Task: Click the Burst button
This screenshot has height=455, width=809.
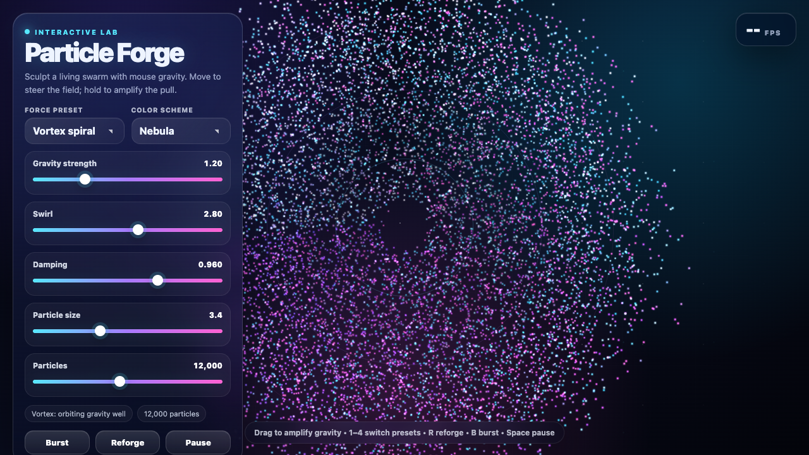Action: [x=57, y=442]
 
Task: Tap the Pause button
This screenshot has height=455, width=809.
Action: [x=198, y=442]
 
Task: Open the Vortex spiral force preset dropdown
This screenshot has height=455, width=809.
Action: [x=75, y=131]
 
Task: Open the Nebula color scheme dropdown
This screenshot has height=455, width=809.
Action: [x=181, y=131]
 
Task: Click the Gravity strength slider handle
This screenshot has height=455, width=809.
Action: [x=85, y=179]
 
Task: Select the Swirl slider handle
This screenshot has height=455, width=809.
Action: [x=138, y=229]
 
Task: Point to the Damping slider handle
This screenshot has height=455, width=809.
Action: [x=157, y=280]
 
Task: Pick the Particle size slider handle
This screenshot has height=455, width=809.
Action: [x=100, y=331]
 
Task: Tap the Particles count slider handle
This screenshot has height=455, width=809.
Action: [x=119, y=381]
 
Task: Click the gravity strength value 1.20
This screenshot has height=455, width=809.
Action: [x=213, y=164]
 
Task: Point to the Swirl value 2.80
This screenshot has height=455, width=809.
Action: [x=213, y=214]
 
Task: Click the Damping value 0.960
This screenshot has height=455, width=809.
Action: [x=210, y=265]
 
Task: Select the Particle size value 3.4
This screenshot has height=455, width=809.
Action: [x=216, y=315]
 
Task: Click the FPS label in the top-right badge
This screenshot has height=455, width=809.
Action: [x=772, y=33]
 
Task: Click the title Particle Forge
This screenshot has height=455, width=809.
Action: [x=104, y=53]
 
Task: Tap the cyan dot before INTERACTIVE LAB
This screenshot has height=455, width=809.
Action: [x=27, y=32]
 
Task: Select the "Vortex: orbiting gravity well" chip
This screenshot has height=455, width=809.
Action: [x=78, y=414]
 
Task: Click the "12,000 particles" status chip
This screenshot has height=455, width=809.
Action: [x=171, y=414]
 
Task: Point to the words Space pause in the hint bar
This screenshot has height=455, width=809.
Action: [x=530, y=433]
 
